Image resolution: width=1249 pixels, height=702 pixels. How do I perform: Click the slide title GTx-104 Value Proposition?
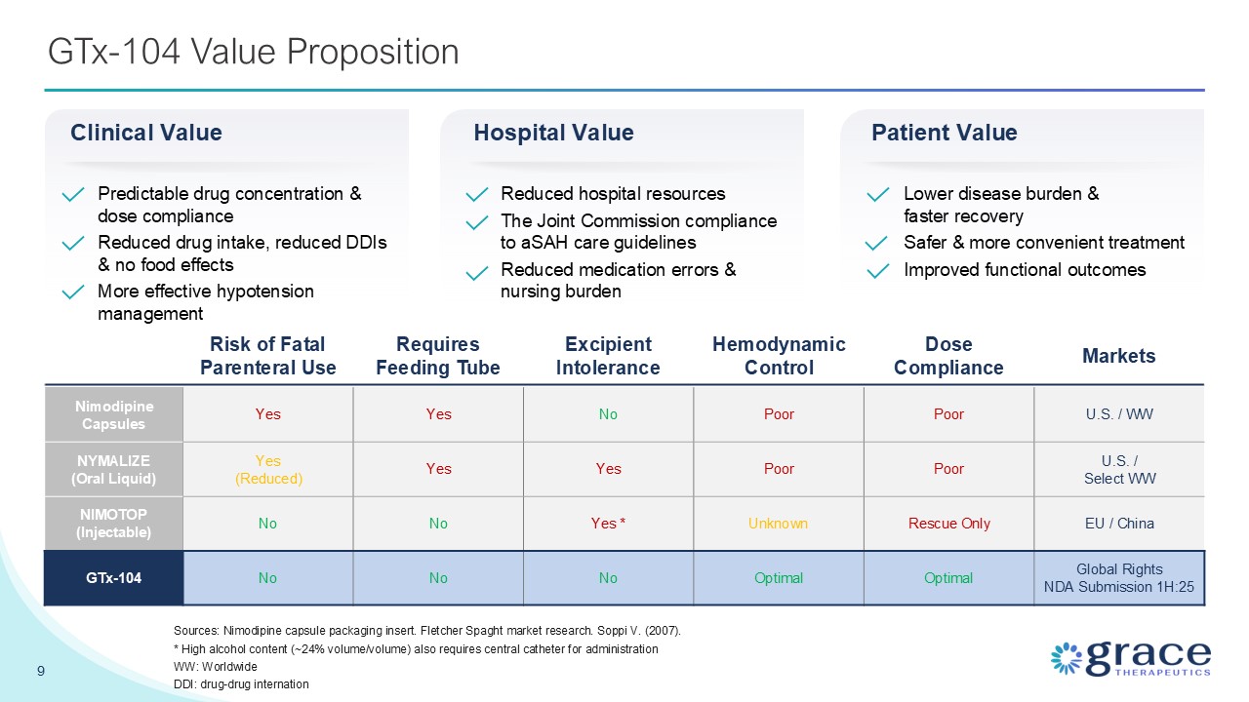click(254, 52)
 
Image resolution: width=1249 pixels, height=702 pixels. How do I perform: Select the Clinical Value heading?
click(146, 133)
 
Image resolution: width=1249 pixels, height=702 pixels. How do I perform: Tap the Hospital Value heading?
click(553, 133)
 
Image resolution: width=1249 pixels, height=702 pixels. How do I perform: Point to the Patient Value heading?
click(944, 133)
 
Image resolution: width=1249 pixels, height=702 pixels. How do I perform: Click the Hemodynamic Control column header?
click(779, 356)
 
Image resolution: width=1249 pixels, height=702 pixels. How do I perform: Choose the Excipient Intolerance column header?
click(608, 356)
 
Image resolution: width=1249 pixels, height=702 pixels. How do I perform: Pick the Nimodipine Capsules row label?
click(114, 414)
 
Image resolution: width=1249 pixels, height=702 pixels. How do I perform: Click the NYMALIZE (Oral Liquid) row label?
click(114, 469)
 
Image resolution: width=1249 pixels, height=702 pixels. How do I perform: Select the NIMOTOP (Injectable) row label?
click(114, 524)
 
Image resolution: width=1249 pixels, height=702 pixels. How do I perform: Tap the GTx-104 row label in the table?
click(114, 578)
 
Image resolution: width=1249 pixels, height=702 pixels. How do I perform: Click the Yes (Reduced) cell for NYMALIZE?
click(267, 469)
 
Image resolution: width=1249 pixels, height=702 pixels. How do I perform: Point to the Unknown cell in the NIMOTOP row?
click(779, 524)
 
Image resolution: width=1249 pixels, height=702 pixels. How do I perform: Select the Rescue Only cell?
click(948, 524)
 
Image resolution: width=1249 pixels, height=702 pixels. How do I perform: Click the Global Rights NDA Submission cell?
click(1118, 578)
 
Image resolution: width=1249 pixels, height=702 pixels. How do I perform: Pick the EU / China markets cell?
click(1118, 524)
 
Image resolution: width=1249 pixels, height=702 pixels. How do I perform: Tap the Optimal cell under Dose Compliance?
click(948, 578)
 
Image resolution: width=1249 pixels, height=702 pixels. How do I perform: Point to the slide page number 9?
click(41, 671)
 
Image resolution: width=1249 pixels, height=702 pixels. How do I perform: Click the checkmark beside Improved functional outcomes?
click(878, 271)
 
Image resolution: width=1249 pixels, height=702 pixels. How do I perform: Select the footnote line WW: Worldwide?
click(215, 666)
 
